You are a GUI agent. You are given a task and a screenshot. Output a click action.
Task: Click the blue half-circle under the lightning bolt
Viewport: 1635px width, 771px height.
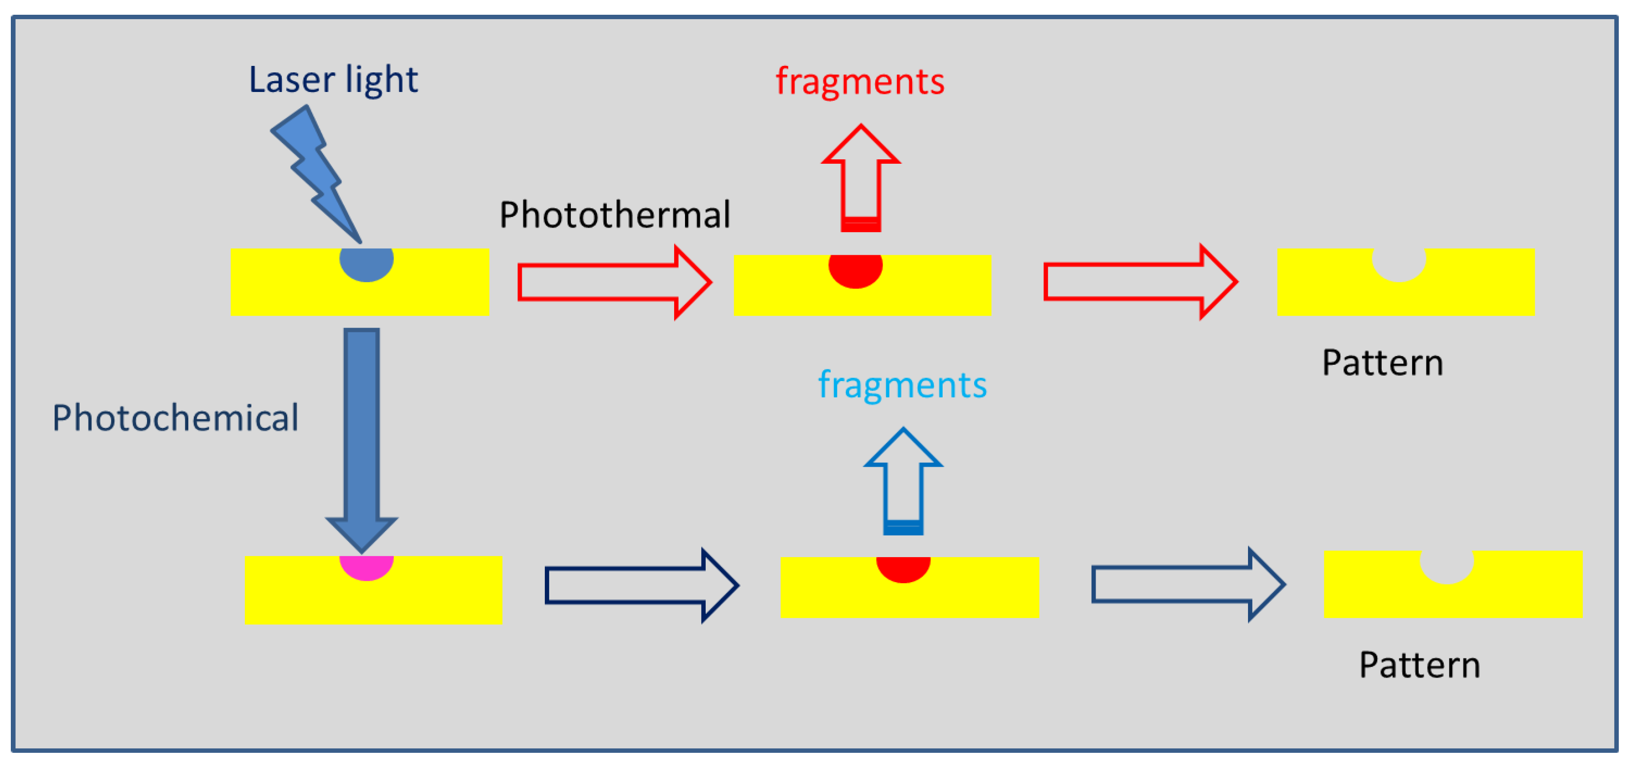[x=366, y=262]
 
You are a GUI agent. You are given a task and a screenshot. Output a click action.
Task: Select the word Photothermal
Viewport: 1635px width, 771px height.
[x=614, y=214]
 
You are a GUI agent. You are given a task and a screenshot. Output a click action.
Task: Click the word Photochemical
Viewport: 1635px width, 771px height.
[x=175, y=417]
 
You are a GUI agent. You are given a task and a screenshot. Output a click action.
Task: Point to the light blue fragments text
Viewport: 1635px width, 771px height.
[x=902, y=385]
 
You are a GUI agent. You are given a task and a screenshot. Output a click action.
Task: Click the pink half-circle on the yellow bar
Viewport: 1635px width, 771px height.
[x=366, y=566]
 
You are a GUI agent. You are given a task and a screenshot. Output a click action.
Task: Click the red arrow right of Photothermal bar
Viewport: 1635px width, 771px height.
[x=613, y=282]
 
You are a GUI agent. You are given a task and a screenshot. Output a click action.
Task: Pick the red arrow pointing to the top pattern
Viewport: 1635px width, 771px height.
[x=1139, y=282]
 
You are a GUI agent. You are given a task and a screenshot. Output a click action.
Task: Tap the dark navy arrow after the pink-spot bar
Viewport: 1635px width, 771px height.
[x=641, y=585]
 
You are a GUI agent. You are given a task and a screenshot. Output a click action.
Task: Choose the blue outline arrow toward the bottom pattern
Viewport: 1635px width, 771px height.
[x=1187, y=585]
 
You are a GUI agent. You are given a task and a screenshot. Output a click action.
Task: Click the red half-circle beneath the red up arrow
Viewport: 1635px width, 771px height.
[x=855, y=269]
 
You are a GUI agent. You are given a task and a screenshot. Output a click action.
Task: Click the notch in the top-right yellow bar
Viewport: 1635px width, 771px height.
[x=1398, y=262]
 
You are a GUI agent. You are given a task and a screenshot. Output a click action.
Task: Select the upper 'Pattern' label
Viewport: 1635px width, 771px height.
[x=1382, y=363]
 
